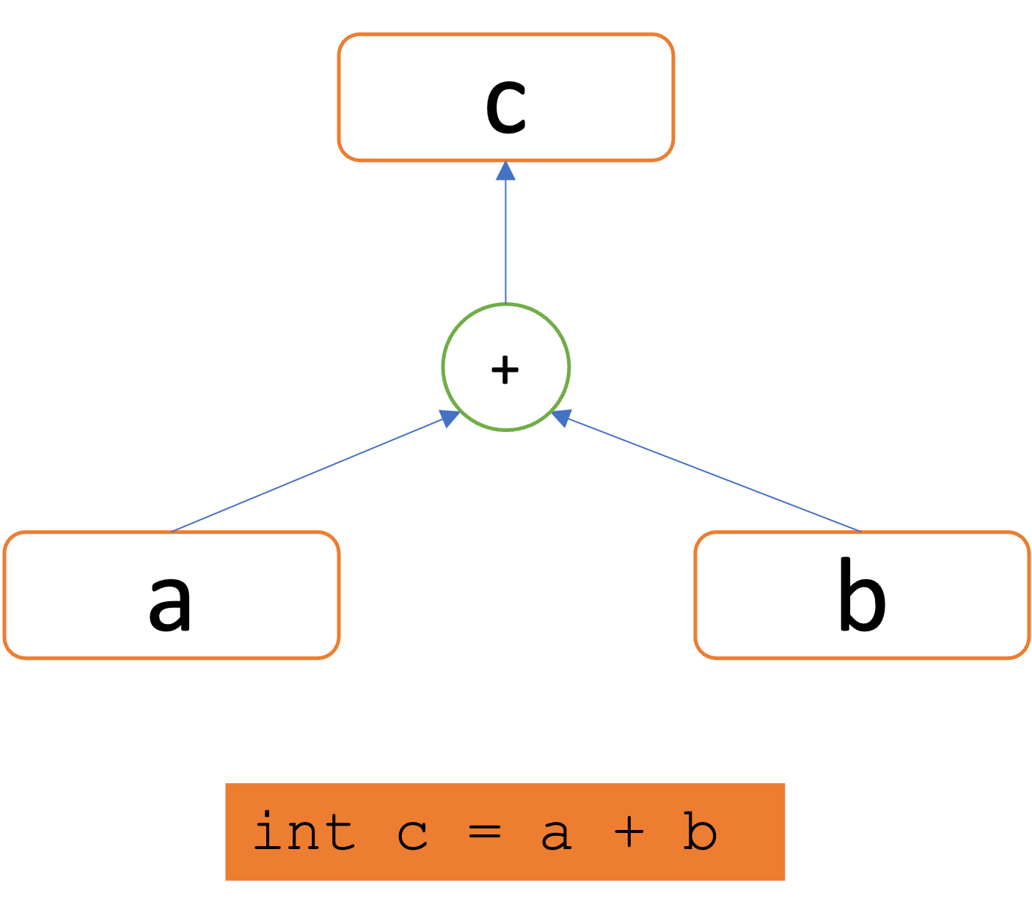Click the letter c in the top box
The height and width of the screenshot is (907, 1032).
(506, 106)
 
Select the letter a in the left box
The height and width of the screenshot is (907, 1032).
(170, 603)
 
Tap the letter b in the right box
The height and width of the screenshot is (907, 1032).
(862, 595)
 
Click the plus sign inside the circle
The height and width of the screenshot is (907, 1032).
(505, 370)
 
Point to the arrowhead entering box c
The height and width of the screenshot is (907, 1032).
(505, 171)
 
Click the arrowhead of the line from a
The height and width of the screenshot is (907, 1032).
(449, 418)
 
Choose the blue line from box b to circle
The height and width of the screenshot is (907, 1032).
(711, 474)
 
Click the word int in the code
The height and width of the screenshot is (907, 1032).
(304, 832)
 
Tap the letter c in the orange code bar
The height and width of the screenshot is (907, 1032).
(412, 834)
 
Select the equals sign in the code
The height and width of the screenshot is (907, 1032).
(484, 833)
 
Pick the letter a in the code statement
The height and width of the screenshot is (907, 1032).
(556, 834)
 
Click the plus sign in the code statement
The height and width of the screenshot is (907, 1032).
(629, 833)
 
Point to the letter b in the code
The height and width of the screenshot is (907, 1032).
(700, 832)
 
